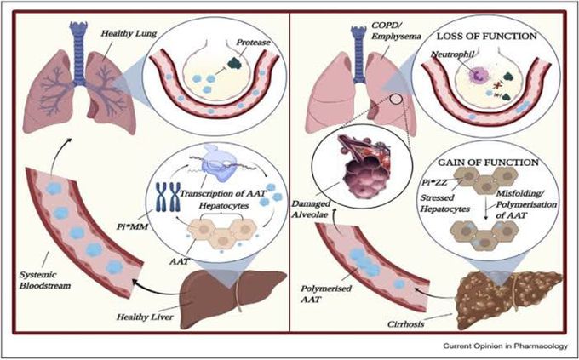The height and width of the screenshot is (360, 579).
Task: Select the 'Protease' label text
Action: [x=253, y=43]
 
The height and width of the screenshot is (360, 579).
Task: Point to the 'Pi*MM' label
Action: [x=131, y=226]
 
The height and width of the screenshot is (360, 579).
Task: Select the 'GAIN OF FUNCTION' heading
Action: [x=488, y=163]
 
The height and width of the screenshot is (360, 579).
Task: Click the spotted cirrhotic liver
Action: [x=507, y=298]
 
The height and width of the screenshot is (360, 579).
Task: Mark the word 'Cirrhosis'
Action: [x=406, y=324]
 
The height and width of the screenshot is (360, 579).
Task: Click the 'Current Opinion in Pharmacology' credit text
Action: [x=505, y=346]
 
